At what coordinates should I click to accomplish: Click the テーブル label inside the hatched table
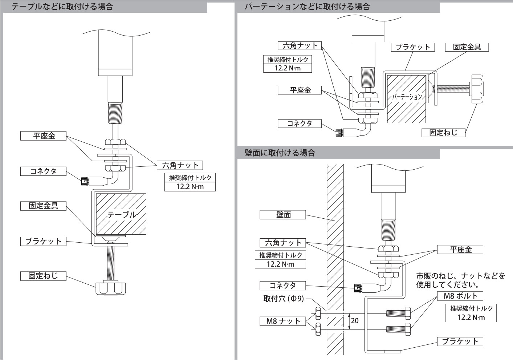coord(122,215)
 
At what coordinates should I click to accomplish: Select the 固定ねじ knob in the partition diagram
coord(476,89)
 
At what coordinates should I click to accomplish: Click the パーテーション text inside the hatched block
coord(407,97)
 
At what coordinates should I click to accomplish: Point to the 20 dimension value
coord(355,321)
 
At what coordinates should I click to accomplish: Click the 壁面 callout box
coord(283,215)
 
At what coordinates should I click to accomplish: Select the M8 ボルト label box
coord(460,296)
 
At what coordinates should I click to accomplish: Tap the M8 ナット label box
coord(283,321)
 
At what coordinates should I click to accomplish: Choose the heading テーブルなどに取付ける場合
coord(62,7)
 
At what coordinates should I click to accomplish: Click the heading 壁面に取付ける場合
coord(280,153)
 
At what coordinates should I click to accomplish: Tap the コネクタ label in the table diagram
coord(43,171)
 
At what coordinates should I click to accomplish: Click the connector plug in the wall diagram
coord(358,289)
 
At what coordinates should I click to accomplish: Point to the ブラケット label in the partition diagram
coord(413,47)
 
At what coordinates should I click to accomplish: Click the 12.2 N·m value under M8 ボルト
coord(471,317)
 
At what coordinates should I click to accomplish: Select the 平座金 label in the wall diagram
coord(460,250)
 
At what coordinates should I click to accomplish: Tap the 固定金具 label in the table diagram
coord(43,206)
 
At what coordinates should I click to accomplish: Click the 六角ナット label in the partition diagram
coord(300,45)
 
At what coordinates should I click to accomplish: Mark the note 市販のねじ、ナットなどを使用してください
coord(460,280)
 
